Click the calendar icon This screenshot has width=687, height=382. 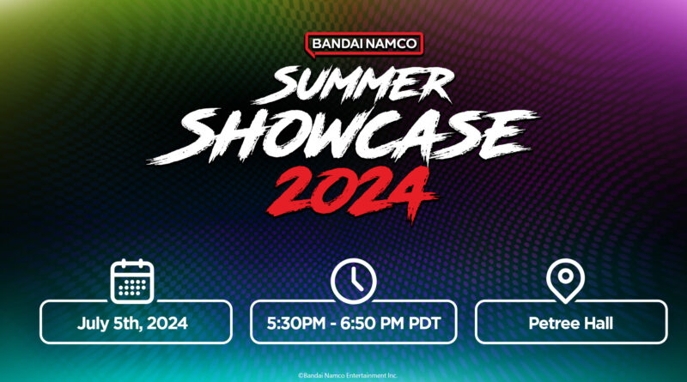coord(132,282)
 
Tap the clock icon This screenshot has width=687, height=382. coord(353,282)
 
